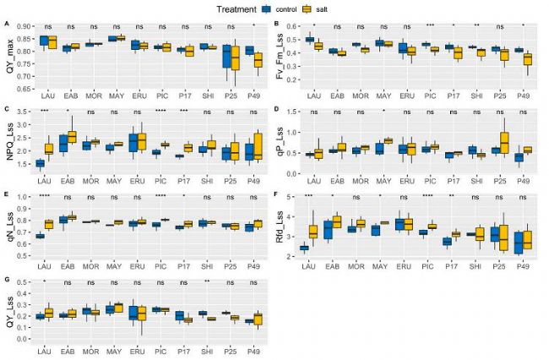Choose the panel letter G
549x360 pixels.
coord(7,277)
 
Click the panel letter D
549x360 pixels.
coord(278,110)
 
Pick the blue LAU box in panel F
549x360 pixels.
coord(304,248)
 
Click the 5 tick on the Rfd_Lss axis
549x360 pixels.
coord(289,197)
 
